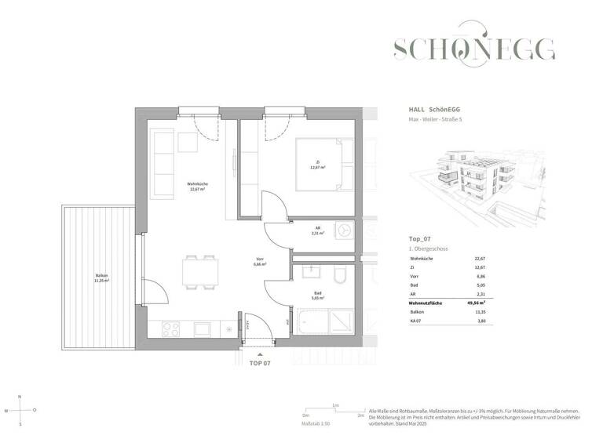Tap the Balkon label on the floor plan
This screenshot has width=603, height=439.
click(x=101, y=278)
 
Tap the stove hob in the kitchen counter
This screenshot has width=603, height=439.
click(x=172, y=330)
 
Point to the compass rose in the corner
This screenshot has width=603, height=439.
click(x=20, y=409)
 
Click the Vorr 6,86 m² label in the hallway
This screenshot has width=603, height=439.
click(x=260, y=263)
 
